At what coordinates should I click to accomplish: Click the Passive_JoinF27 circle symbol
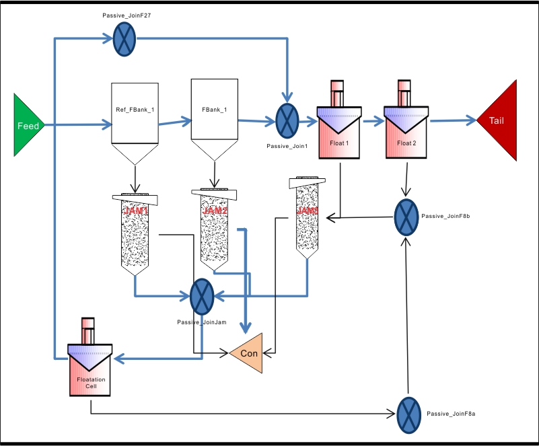click(123, 38)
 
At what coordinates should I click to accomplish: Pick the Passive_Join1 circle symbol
click(287, 121)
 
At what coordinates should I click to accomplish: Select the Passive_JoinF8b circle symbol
click(406, 217)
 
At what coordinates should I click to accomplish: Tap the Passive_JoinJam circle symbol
click(202, 296)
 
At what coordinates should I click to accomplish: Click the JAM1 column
click(136, 232)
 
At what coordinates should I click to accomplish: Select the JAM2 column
click(215, 229)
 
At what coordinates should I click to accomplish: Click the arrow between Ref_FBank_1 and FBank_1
click(175, 123)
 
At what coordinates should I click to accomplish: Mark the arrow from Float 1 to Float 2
click(371, 122)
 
